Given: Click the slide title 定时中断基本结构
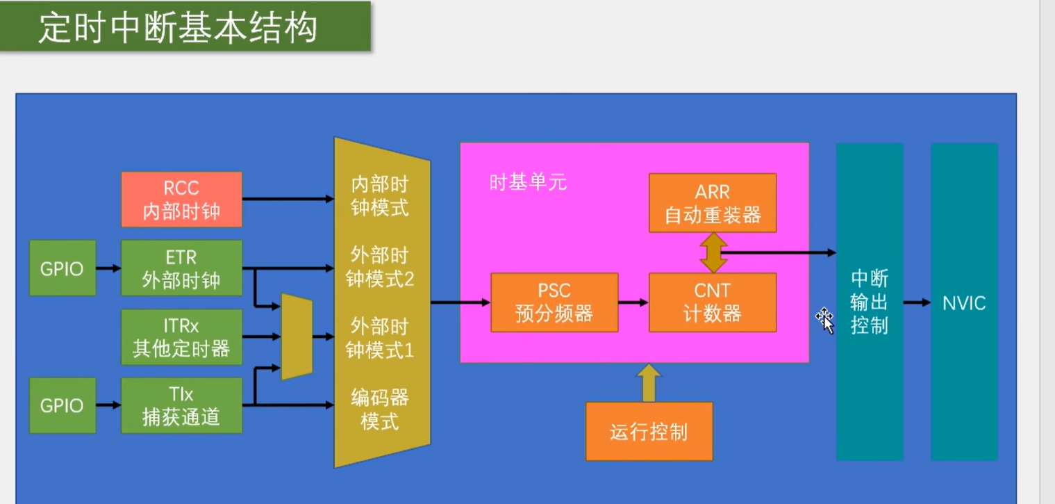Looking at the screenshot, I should (178, 28).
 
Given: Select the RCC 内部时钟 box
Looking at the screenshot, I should (181, 200).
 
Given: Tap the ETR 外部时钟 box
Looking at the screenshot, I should (181, 268).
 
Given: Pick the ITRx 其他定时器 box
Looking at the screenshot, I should (181, 337).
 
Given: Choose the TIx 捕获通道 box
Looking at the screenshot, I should (181, 405).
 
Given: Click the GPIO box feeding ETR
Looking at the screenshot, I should (62, 268).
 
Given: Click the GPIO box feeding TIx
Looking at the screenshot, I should (62, 405).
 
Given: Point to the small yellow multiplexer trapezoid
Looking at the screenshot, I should (297, 336).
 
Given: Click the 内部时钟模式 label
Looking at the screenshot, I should (380, 197).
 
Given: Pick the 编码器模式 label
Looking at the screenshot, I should (380, 409).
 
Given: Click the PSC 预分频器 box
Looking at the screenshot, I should (554, 302).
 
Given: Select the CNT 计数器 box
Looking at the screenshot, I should (712, 302).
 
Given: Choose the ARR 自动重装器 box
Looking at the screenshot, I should (712, 203).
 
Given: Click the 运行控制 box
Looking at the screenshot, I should (649, 431).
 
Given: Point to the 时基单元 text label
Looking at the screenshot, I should (528, 183).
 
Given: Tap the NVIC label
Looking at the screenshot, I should (964, 303).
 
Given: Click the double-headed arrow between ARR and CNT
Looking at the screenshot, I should (713, 252).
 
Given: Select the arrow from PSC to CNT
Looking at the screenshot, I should (633, 302).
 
